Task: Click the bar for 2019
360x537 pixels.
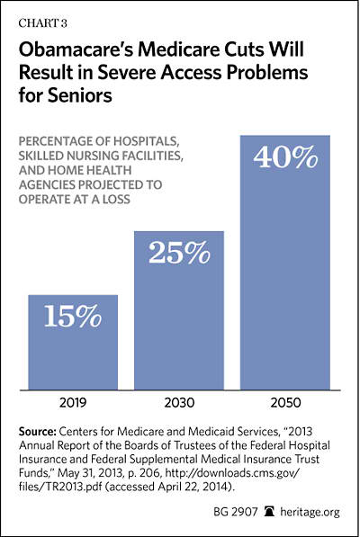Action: (73, 342)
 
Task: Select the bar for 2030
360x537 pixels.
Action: (179, 310)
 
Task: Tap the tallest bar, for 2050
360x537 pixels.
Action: (285, 263)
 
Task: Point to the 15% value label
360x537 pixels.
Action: (73, 316)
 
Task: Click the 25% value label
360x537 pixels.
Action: (179, 253)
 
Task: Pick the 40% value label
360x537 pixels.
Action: (285, 157)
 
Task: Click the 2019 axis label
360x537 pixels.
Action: (73, 403)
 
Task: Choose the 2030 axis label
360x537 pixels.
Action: (179, 403)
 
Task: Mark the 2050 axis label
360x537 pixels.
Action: (285, 403)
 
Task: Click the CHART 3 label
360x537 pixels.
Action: (43, 23)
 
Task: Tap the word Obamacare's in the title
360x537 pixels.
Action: (75, 49)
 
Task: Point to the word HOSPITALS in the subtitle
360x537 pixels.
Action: (146, 141)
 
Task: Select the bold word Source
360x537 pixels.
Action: (37, 432)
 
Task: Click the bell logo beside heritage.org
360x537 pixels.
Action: (270, 512)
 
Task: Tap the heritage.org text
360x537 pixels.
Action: (310, 512)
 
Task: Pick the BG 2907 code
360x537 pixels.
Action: (235, 512)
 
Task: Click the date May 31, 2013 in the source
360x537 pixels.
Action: (90, 473)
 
